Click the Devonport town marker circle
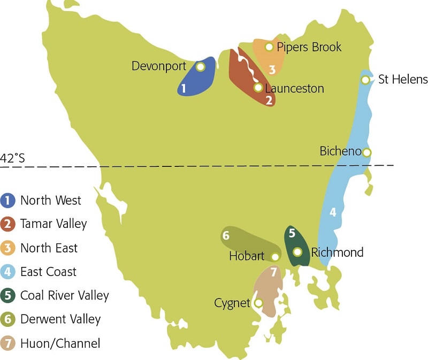coord(201,67)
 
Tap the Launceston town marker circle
coord(258,87)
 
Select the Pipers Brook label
coord(309,47)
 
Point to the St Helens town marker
coord(365,80)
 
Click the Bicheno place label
coord(340,151)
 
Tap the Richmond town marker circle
coord(298,252)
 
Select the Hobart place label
coord(247,256)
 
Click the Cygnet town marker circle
coord(258,303)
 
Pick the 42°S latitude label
coord(12,158)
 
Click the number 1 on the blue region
coord(184,88)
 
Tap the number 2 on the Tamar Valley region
coord(269,99)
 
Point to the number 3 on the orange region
coord(272,69)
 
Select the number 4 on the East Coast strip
coord(332,212)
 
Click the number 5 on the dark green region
coord(292,233)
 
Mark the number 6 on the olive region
coord(226,235)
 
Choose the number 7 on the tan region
coord(273,272)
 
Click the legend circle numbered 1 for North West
coord(7,200)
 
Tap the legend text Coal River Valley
coord(64,295)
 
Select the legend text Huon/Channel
coord(60,343)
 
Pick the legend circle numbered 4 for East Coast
coord(7,272)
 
